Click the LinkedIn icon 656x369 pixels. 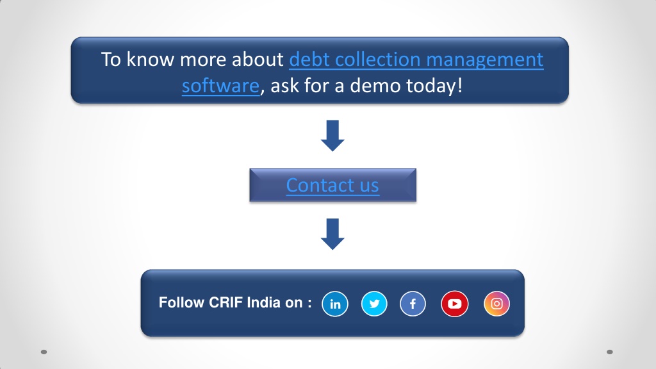[334, 304]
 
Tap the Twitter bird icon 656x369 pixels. [374, 304]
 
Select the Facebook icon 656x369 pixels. [413, 304]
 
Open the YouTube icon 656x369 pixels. [454, 304]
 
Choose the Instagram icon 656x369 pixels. [496, 304]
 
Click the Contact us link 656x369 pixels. [332, 185]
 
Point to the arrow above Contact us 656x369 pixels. [332, 136]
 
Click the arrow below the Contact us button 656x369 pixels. [332, 234]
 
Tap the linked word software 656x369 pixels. [220, 86]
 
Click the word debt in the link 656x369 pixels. [309, 60]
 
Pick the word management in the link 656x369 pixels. [485, 60]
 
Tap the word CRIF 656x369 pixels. [226, 302]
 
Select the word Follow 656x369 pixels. [181, 302]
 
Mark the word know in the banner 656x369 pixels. [150, 60]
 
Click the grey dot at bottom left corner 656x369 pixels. [44, 352]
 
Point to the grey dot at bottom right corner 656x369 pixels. [610, 352]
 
